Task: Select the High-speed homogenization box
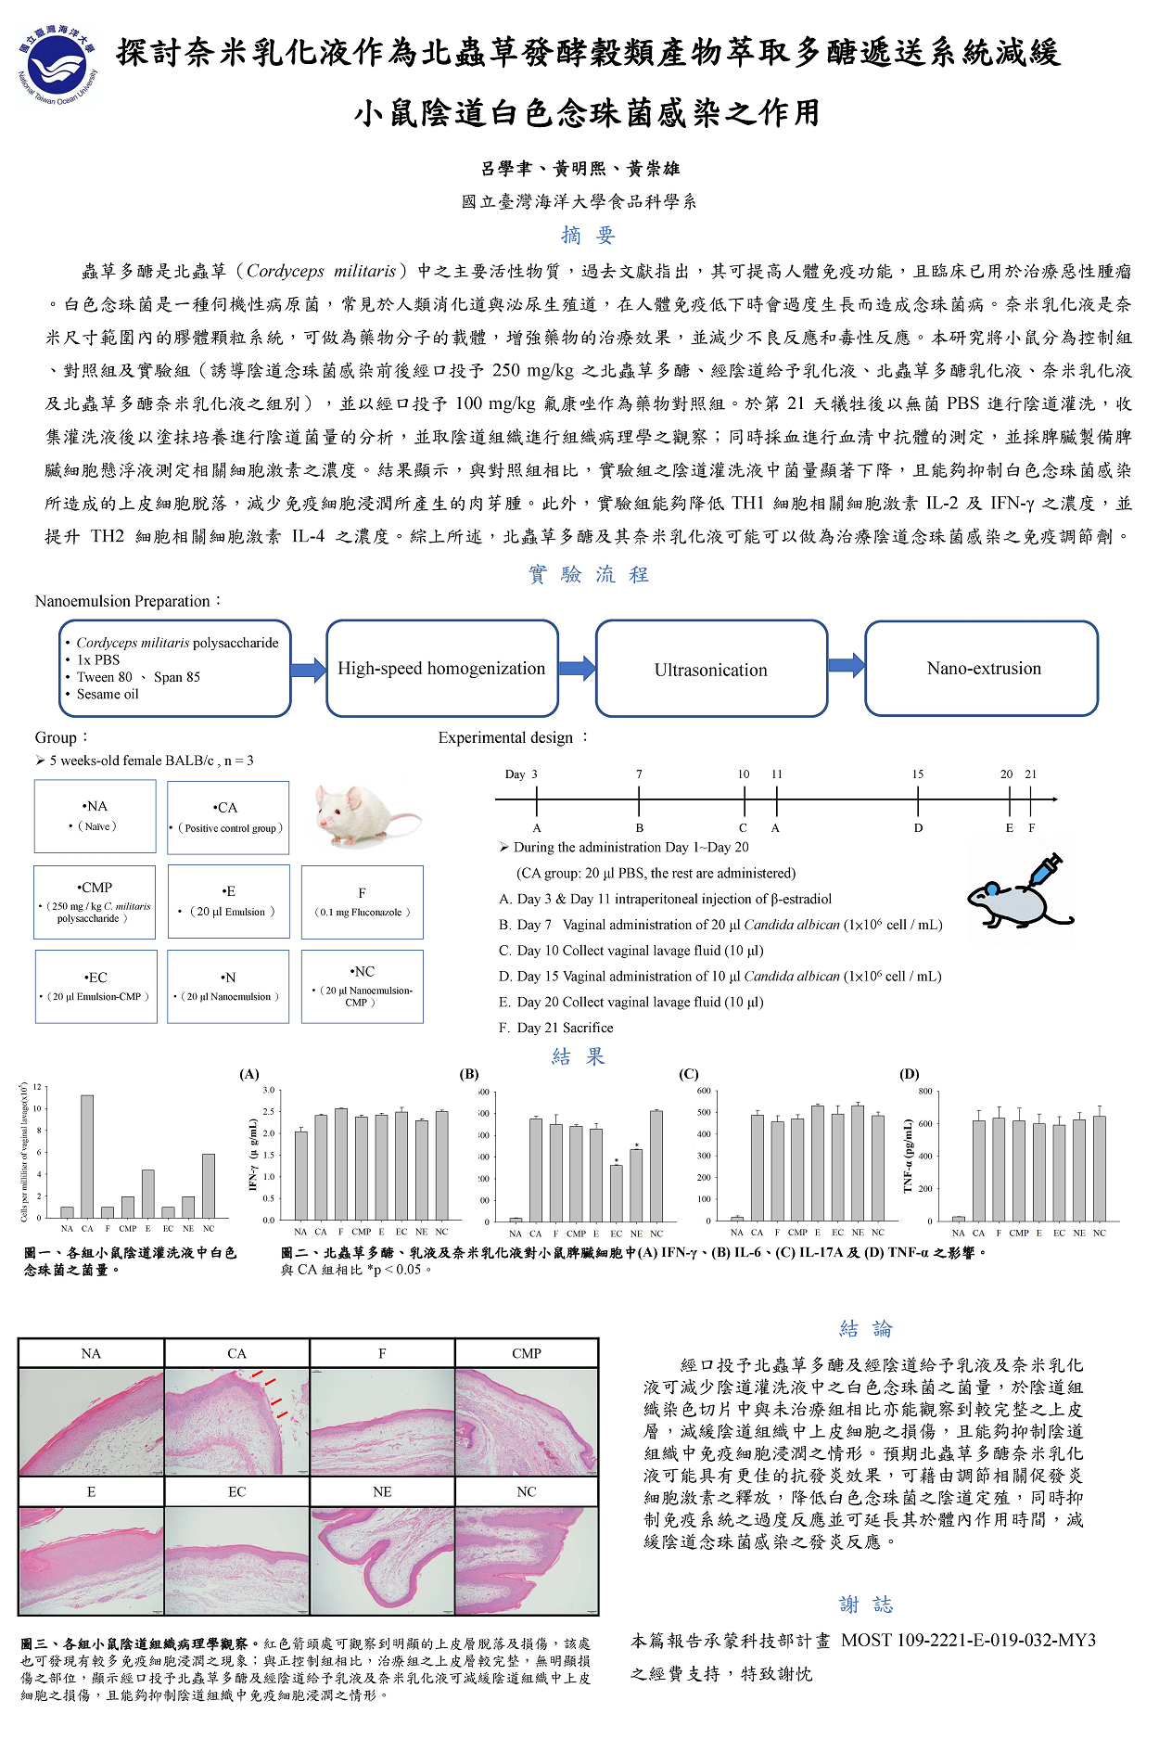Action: tap(442, 669)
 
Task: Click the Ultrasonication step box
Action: tap(711, 669)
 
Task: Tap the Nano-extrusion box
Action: tap(982, 669)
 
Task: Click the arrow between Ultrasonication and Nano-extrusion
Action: tap(846, 665)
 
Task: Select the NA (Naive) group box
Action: tap(96, 816)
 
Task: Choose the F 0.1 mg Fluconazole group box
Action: tap(362, 902)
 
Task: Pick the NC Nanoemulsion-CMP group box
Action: tap(362, 987)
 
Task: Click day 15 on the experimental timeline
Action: tap(917, 799)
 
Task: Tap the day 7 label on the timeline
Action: tap(639, 774)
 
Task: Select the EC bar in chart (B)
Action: tap(617, 1193)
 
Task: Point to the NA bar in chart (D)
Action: tap(959, 1219)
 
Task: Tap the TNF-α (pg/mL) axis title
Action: tap(910, 1156)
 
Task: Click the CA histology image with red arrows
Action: tap(236, 1423)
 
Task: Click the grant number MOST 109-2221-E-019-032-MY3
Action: tap(968, 1641)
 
